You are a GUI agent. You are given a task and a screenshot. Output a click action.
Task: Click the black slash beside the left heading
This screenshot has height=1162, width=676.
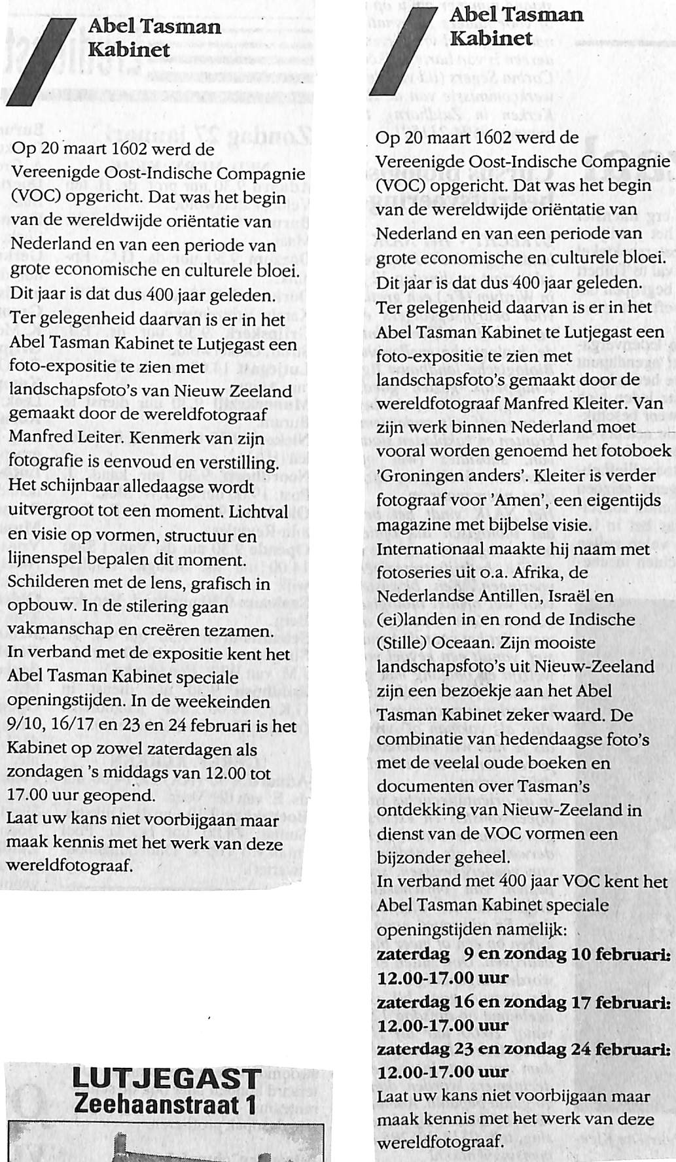click(x=41, y=63)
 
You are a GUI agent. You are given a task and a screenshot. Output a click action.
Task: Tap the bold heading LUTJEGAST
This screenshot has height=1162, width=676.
click(x=167, y=1077)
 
